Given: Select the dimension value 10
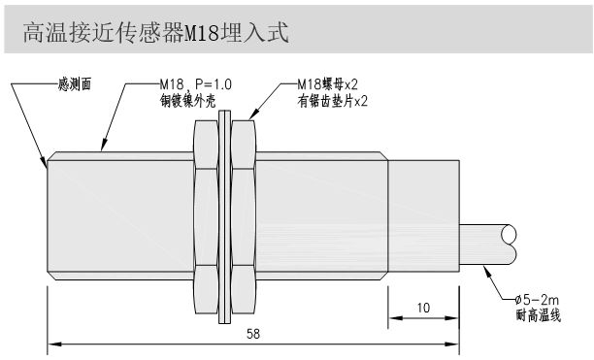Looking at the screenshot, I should point(423,308).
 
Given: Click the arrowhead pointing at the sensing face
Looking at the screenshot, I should point(46,164).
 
